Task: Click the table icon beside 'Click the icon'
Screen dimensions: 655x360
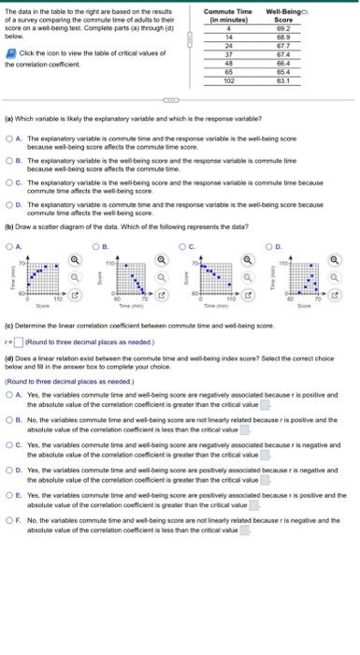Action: coord(10,54)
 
